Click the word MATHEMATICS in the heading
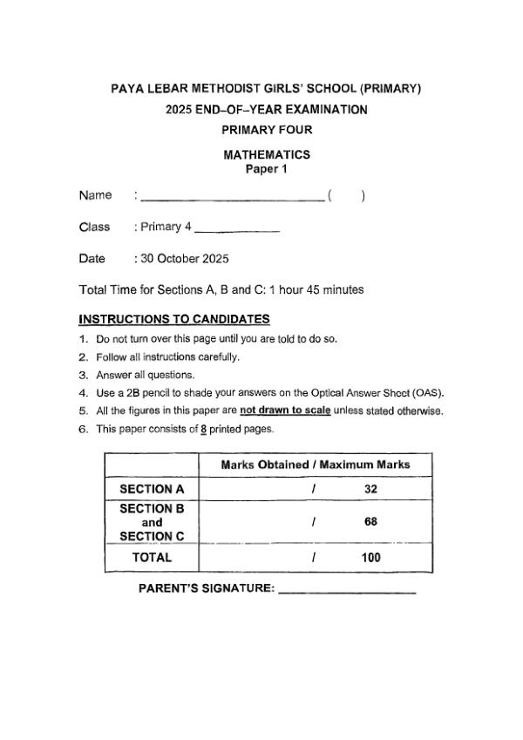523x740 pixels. tap(267, 155)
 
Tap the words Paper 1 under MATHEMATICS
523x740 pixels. tap(267, 170)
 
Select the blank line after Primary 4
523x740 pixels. tap(236, 231)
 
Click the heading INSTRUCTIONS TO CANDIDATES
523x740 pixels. tap(173, 319)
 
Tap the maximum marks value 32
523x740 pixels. tap(370, 489)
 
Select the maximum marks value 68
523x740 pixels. tap(370, 522)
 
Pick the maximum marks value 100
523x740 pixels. tap(370, 558)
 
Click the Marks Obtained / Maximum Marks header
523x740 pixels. tap(315, 465)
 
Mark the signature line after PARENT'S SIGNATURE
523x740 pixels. tap(348, 593)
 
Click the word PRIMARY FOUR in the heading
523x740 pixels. tap(267, 130)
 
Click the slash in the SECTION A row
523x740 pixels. tap(312, 489)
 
